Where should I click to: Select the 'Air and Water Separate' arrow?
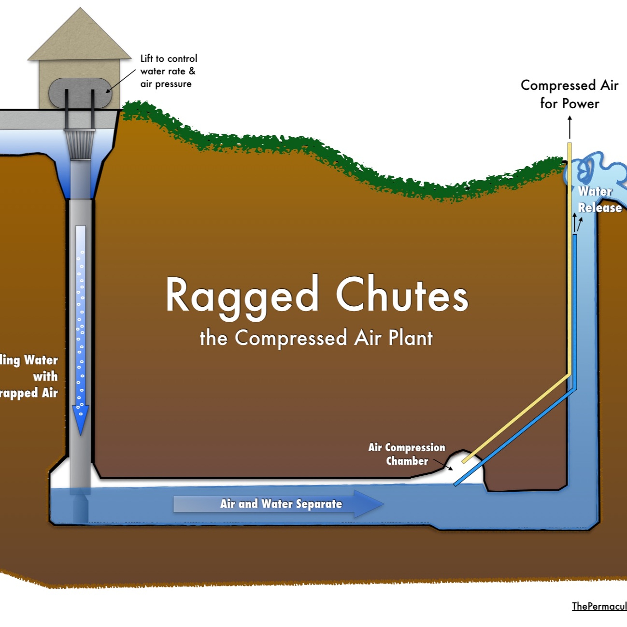(x=279, y=504)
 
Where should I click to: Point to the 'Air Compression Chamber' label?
(x=407, y=454)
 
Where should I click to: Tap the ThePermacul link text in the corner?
(x=599, y=606)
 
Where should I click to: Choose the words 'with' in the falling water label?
(x=45, y=376)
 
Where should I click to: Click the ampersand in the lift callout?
(x=192, y=71)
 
